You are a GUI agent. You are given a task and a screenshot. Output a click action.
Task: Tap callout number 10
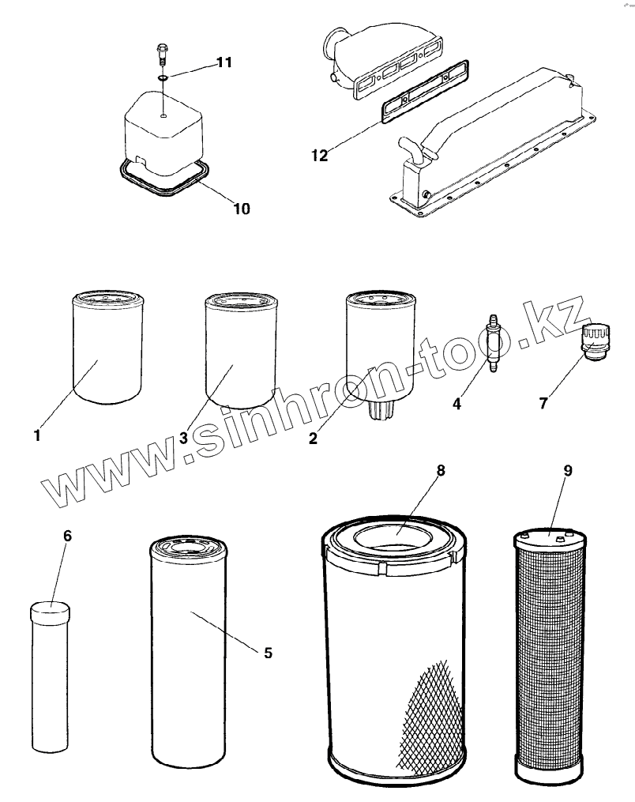pos(241,209)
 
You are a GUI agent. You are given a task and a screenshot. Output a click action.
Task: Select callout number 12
pos(319,155)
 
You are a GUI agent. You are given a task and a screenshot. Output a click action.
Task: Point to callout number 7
pos(543,403)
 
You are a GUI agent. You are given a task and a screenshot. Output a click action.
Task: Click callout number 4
pos(457,404)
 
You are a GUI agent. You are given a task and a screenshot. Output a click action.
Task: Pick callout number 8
pos(441,470)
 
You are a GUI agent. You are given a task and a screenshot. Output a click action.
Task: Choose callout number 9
pos(568,470)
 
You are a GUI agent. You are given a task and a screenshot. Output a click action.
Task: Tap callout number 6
pos(67,536)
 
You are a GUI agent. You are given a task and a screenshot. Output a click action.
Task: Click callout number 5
pos(268,652)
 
